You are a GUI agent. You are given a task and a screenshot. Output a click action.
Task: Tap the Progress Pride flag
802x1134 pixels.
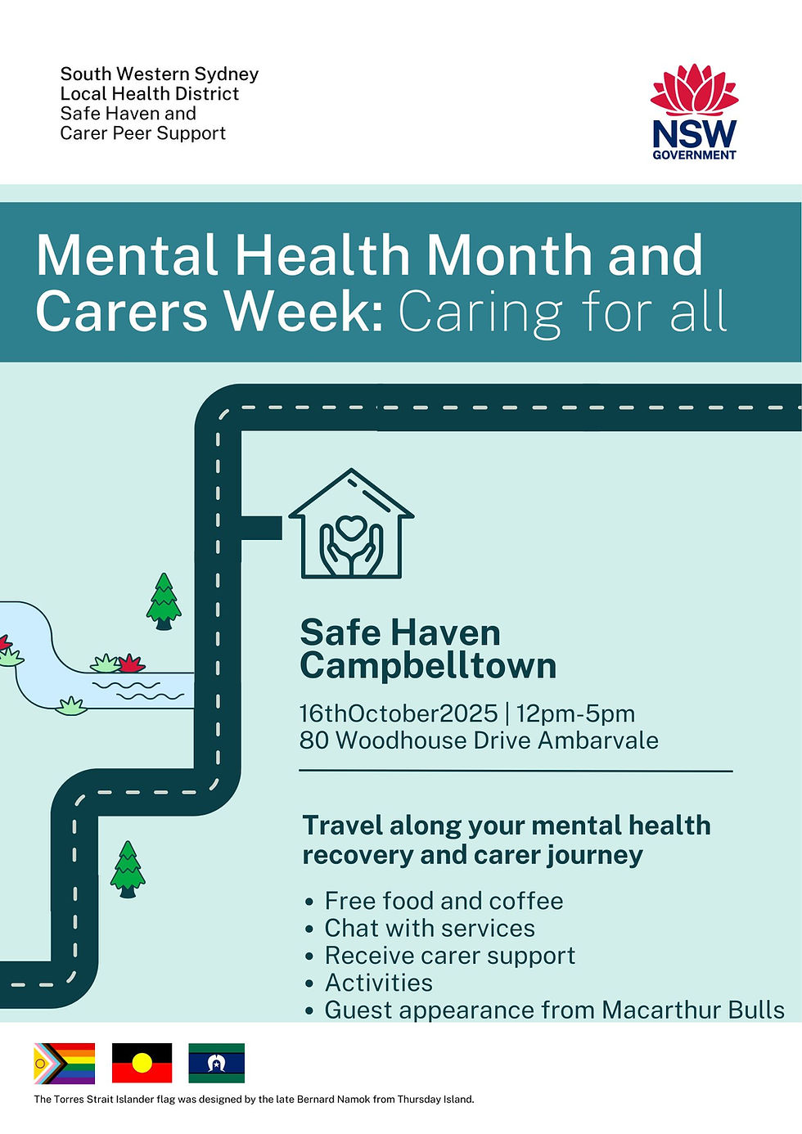click(x=64, y=1063)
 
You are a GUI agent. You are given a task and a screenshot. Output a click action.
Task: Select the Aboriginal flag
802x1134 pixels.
click(x=142, y=1063)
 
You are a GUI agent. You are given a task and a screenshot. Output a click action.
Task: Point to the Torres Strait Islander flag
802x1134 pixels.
click(x=216, y=1063)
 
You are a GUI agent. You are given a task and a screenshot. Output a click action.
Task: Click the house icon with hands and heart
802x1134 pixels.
click(x=351, y=524)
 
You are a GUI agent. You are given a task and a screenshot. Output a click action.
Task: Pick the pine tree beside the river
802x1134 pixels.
click(x=164, y=601)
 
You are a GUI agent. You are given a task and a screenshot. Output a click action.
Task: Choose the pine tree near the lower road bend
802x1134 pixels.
click(x=127, y=869)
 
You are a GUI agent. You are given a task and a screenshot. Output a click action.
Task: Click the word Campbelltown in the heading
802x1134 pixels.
click(x=428, y=666)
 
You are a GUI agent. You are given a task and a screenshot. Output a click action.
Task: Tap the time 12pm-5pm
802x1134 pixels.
click(x=575, y=713)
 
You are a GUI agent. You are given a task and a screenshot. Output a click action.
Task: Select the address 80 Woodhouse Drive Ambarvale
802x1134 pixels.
click(x=479, y=740)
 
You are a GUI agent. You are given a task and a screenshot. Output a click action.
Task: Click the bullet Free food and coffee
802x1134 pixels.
click(x=444, y=901)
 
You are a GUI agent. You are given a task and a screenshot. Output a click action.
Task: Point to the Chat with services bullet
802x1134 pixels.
click(x=430, y=928)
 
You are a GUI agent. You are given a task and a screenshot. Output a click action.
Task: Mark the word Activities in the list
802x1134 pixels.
click(x=379, y=983)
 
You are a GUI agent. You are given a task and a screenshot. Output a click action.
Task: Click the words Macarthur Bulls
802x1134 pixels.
click(x=693, y=1010)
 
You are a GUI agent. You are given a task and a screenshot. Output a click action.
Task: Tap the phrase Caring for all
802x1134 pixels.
click(x=562, y=312)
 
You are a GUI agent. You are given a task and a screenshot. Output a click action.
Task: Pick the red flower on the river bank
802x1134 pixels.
click(x=129, y=663)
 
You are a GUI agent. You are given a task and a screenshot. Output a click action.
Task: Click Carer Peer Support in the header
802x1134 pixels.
click(x=143, y=133)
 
